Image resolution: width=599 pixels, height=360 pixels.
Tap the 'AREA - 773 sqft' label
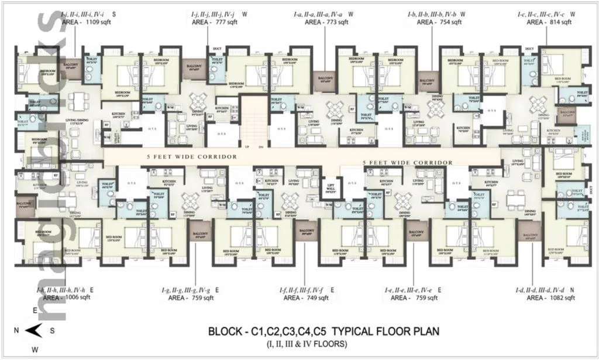click(x=326, y=22)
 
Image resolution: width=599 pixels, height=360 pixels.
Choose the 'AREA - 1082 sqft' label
click(x=551, y=297)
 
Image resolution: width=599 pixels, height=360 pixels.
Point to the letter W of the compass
click(x=35, y=350)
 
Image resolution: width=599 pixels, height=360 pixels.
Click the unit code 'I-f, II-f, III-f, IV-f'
click(x=301, y=289)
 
